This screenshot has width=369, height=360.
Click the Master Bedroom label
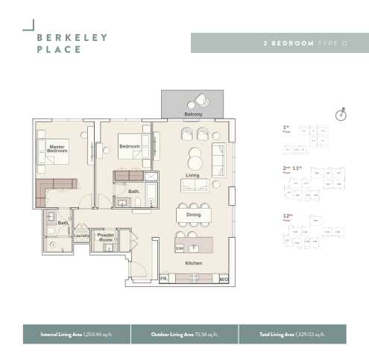coord(57,149)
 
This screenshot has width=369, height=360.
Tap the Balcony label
coord(193,114)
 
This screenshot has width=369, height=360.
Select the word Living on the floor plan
coord(193,175)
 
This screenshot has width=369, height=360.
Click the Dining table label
coord(193,215)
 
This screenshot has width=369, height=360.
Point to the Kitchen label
coord(193,263)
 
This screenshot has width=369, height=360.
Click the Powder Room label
coord(105,237)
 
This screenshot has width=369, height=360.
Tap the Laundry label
coord(81,236)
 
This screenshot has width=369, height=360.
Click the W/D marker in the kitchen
coord(224,279)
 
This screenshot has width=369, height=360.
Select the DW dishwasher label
coord(180,247)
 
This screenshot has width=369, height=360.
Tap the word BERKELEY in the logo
coord(72,37)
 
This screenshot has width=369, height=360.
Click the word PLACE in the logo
coord(59,50)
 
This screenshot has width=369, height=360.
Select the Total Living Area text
coord(291,335)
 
